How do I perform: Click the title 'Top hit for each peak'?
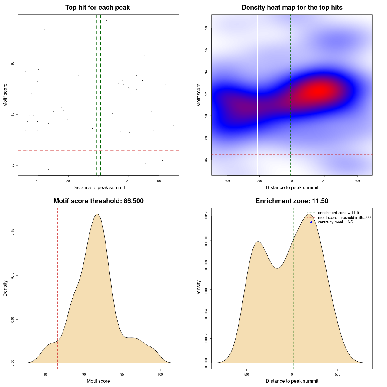(97, 8)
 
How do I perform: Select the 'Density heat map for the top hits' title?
(292, 8)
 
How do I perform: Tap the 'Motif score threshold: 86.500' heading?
(98, 201)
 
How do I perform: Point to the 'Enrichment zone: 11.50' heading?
(292, 201)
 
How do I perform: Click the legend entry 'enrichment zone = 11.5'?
(338, 213)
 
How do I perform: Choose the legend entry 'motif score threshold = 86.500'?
(344, 218)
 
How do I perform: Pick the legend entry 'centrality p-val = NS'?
(335, 222)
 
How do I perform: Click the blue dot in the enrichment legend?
(311, 222)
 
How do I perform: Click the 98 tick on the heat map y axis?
(206, 28)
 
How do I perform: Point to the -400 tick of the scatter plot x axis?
(38, 181)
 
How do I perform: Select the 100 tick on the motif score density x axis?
(160, 374)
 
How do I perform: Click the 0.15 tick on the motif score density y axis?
(12, 232)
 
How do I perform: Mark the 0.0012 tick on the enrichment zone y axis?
(206, 216)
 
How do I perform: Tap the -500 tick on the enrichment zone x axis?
(246, 374)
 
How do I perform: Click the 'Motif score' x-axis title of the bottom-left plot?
(98, 381)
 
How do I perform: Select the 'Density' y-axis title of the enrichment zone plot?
(199, 288)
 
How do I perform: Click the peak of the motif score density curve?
(97, 214)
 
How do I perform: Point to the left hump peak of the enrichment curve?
(258, 242)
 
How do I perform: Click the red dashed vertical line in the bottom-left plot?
(57, 287)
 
